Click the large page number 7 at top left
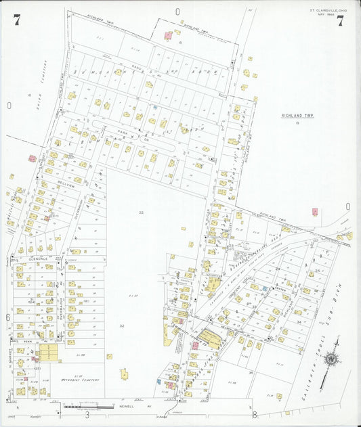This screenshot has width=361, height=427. pyautogui.click(x=16, y=20)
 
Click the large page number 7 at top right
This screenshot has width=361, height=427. pyautogui.click(x=340, y=20)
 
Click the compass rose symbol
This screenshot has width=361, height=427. pyautogui.click(x=331, y=359)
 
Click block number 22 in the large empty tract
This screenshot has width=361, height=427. pyautogui.click(x=142, y=212)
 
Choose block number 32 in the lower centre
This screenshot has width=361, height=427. pyautogui.click(x=122, y=326)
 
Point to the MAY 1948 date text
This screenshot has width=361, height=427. pyautogui.click(x=326, y=15)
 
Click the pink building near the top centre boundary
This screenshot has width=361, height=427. pyautogui.click(x=168, y=35)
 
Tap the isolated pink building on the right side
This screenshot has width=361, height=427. pyautogui.click(x=315, y=212)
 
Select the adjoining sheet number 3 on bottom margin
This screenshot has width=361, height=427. pyautogui.click(x=87, y=413)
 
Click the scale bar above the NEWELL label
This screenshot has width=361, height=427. pyautogui.click(x=89, y=407)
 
